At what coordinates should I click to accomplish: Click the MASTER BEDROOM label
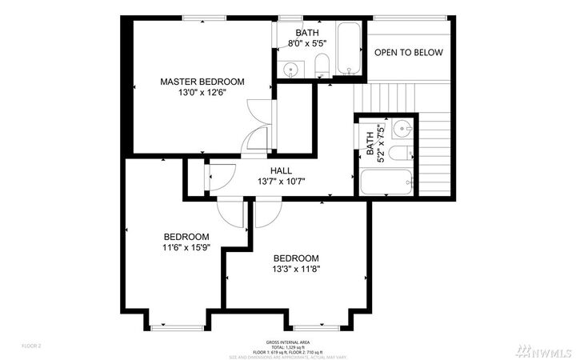202,82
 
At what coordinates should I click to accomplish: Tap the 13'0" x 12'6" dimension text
202,93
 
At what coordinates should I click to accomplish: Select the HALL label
281,170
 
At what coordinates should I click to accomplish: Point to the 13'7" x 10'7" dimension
281,182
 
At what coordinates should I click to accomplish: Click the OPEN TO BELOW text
409,52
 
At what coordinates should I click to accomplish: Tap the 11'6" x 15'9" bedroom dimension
186,248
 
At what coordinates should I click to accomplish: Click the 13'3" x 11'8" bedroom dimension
295,270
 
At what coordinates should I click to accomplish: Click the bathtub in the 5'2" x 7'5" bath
387,181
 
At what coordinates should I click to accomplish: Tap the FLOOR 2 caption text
31,346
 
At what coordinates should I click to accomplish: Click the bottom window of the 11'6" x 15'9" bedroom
176,326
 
